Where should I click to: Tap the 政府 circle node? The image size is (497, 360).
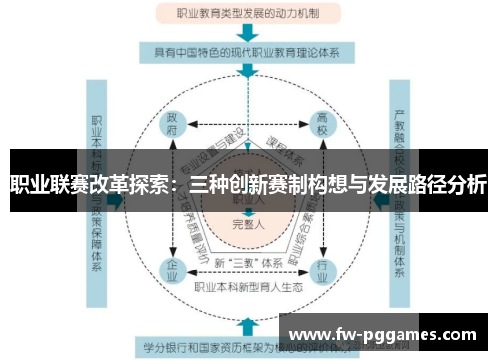pos(174,124)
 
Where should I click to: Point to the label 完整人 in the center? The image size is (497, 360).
pos(248,224)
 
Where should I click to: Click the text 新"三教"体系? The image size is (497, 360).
pos(248,262)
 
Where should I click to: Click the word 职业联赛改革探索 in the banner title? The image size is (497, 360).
pos(86,185)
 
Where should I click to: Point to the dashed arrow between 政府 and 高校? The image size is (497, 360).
pos(248,125)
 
